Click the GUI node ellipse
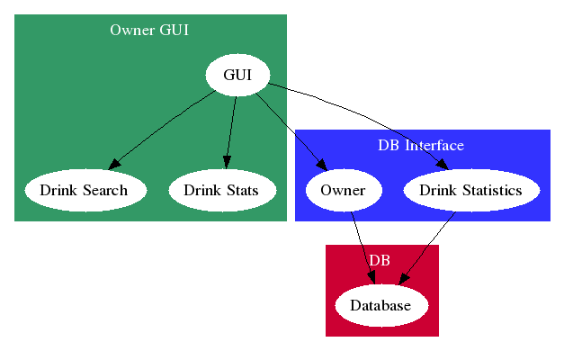237,76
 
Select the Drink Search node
85,191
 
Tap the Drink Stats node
221,191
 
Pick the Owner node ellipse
343,191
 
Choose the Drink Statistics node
470,191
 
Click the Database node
380,306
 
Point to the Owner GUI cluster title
149,31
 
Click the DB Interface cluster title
421,145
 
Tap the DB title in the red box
380,260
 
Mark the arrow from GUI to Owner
290,126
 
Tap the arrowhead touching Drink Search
114,165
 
